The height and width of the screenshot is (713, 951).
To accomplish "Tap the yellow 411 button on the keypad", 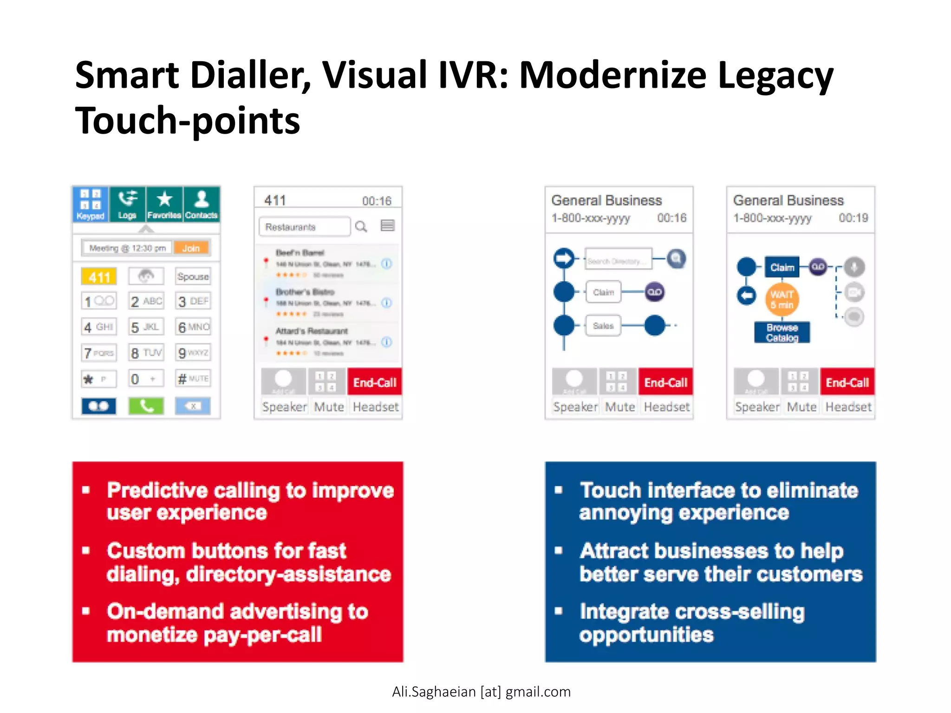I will [x=99, y=277].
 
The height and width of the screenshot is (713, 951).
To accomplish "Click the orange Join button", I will [x=191, y=248].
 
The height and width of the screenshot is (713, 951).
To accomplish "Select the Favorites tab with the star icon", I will [x=164, y=205].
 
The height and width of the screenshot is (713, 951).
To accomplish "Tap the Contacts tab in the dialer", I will [x=201, y=205].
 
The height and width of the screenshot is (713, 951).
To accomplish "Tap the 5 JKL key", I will [x=146, y=327].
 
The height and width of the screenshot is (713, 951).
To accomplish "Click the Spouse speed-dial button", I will [x=193, y=277].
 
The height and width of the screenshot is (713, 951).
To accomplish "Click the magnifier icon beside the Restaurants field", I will [x=361, y=227].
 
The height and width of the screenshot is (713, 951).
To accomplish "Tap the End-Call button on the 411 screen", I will [x=374, y=382].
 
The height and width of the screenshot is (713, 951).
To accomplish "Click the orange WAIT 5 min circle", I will [x=782, y=300].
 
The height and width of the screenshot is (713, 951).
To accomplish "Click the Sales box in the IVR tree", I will [x=603, y=326].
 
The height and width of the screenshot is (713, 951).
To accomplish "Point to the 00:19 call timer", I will [x=853, y=218].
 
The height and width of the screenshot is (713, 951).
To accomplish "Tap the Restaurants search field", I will [x=304, y=227].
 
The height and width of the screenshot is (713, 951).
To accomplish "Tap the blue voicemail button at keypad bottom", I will [x=99, y=406].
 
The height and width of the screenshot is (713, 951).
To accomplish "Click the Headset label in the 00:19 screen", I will [x=848, y=407].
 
